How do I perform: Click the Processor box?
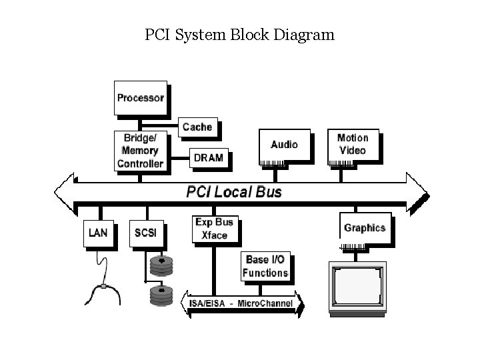[140, 98]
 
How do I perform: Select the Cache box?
[197, 127]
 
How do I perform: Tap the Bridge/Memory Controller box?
[140, 151]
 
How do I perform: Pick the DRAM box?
[208, 158]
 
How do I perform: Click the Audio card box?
[284, 145]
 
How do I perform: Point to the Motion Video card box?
[353, 145]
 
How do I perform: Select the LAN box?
[97, 233]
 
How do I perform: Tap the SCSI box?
[145, 233]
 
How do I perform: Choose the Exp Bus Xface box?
[214, 229]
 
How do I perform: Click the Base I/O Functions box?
[265, 267]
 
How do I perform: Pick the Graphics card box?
[365, 228]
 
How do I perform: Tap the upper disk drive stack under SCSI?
[161, 266]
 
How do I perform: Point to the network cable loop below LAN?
[103, 287]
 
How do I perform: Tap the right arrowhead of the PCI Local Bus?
[418, 192]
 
